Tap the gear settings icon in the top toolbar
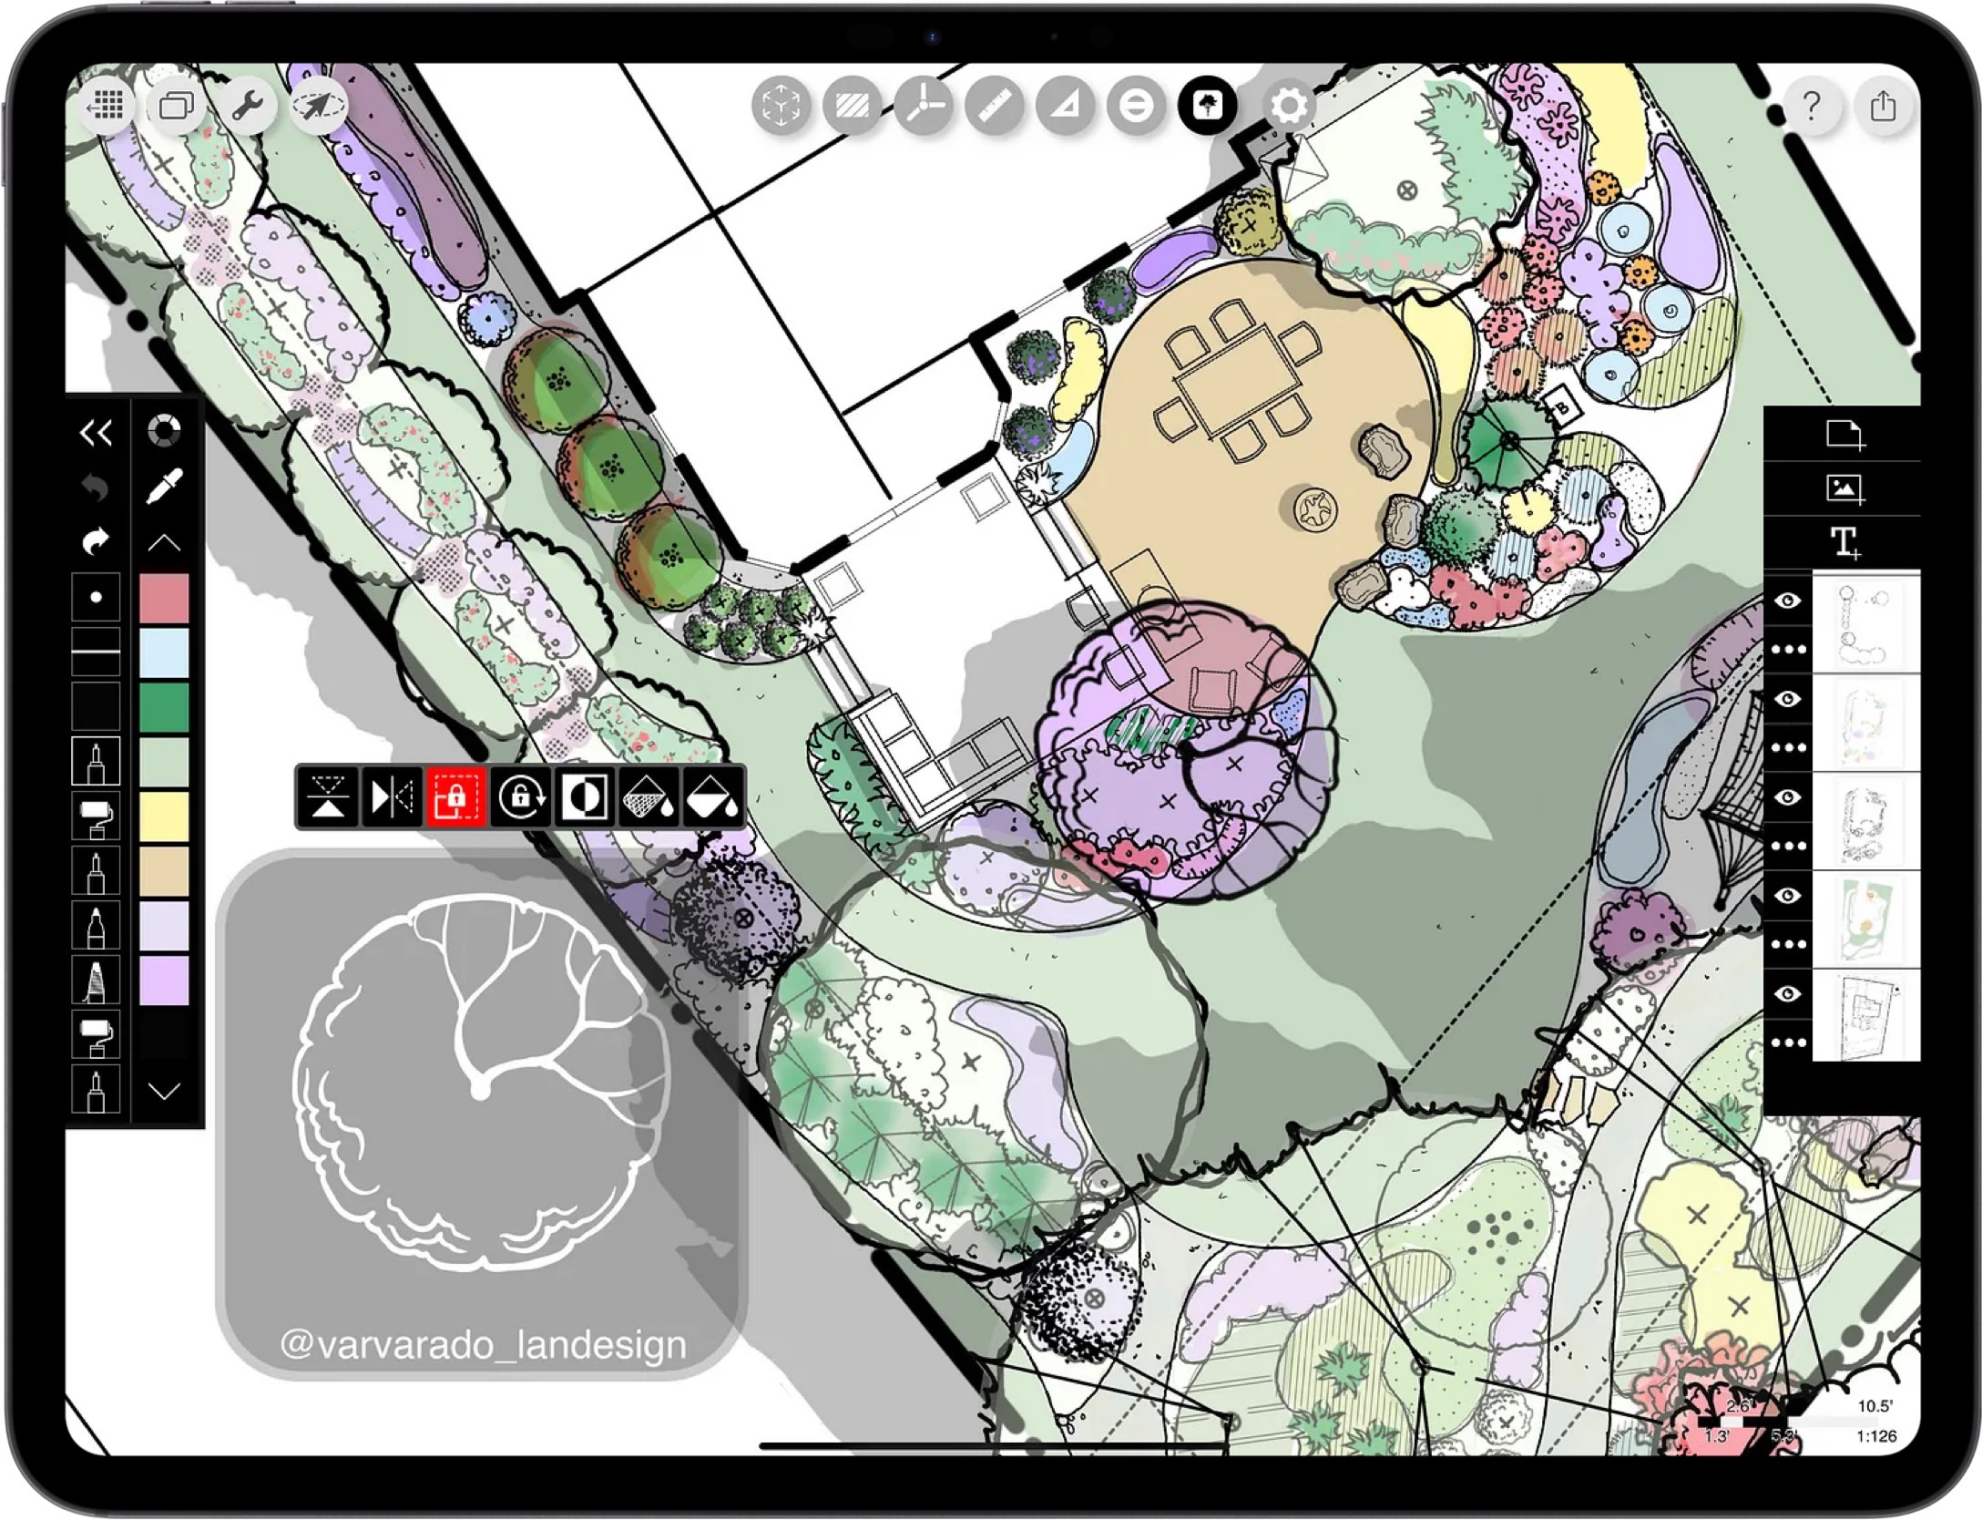click(x=1289, y=106)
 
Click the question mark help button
click(x=1811, y=107)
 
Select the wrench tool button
click(x=247, y=107)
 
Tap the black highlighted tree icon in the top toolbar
click(x=1208, y=106)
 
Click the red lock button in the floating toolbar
click(x=455, y=797)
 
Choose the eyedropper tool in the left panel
click(x=164, y=486)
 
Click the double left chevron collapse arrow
click(x=97, y=432)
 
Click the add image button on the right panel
click(x=1844, y=488)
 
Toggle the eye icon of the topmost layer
click(x=1788, y=601)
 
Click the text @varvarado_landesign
click(x=483, y=1345)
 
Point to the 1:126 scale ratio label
click(x=1876, y=1436)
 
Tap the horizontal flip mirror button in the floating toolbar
click(x=392, y=797)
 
